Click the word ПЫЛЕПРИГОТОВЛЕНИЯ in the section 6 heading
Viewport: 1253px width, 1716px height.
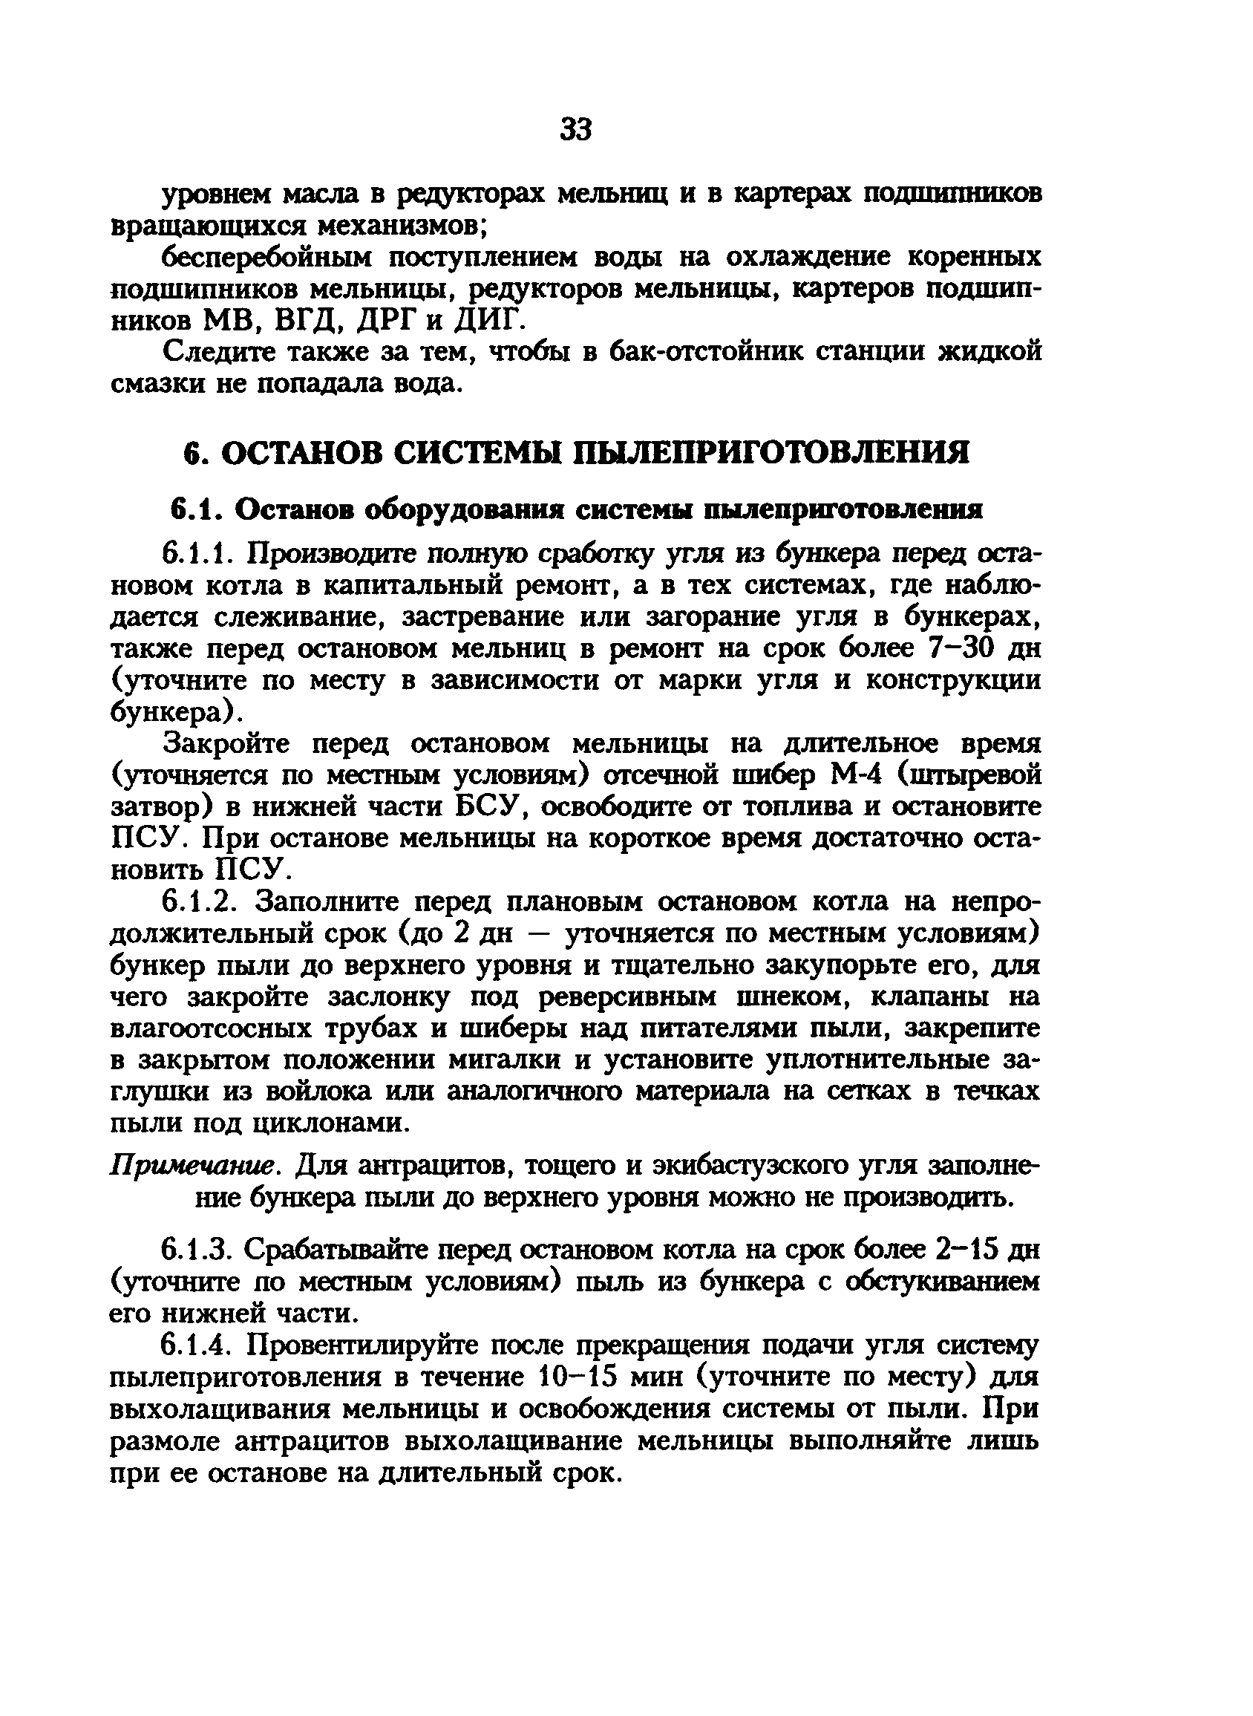pos(773,453)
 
